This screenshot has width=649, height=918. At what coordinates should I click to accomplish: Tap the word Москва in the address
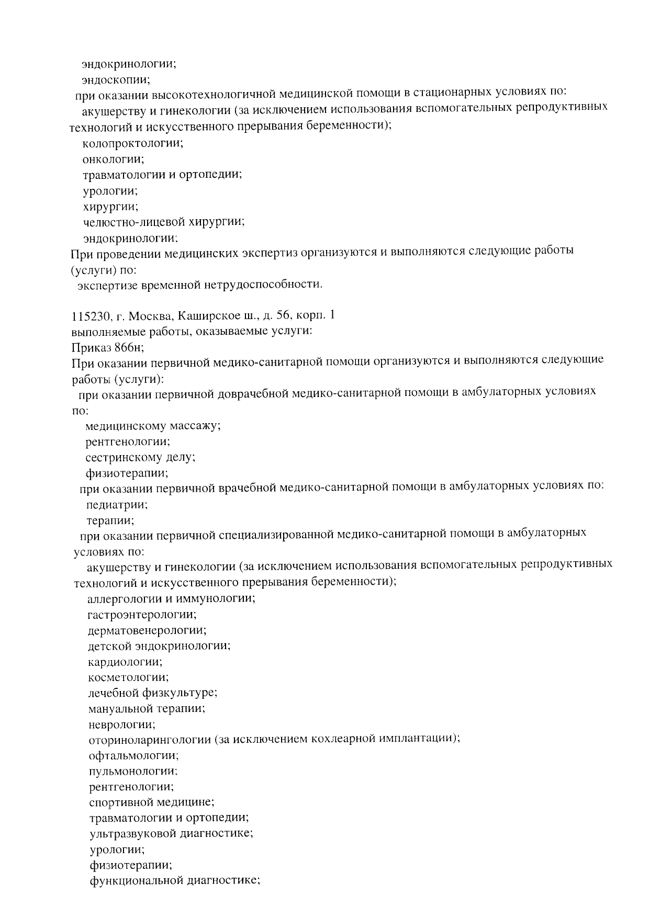[x=151, y=316]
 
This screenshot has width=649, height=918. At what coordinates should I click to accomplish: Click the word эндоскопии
[x=116, y=80]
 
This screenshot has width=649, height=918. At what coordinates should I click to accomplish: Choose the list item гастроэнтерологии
[x=142, y=614]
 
